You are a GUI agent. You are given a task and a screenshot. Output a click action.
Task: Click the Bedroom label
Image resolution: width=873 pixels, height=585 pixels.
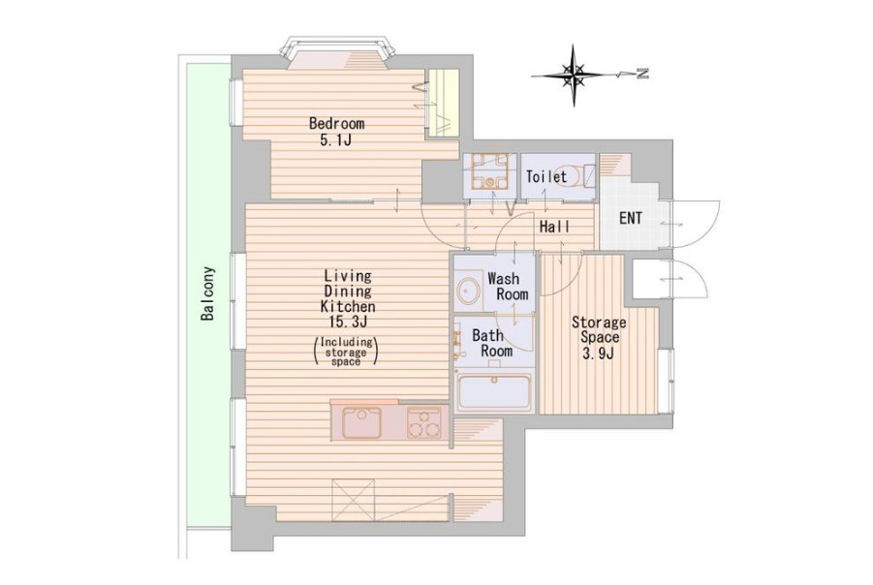(x=337, y=122)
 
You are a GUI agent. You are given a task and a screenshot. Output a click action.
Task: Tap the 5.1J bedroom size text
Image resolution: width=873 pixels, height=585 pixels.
(x=335, y=139)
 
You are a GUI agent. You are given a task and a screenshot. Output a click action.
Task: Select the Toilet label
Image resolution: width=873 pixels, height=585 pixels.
(x=546, y=177)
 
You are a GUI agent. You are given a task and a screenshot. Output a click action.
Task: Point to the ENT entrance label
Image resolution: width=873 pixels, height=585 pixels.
(x=630, y=218)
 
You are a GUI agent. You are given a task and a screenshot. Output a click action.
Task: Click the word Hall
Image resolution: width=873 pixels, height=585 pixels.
(x=554, y=227)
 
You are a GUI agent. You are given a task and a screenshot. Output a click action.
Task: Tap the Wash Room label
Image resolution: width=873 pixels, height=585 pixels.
(x=508, y=286)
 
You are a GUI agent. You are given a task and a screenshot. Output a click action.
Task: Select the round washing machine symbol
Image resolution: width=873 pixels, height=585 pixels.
(x=469, y=291)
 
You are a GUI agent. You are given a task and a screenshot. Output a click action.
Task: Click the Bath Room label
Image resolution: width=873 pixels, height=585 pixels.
(x=493, y=343)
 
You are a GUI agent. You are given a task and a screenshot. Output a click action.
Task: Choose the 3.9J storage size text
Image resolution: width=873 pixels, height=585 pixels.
(x=598, y=353)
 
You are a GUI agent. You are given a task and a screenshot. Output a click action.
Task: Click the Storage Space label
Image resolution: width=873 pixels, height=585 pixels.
(x=599, y=329)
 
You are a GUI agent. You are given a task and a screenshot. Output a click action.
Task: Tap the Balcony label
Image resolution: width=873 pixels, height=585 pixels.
(x=207, y=293)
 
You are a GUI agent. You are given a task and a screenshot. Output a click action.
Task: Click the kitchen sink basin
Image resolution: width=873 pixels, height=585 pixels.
(x=362, y=423)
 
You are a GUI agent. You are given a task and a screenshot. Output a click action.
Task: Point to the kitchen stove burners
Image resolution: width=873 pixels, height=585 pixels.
(x=423, y=423)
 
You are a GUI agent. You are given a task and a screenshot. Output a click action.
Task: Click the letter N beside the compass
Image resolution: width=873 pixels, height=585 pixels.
(x=643, y=73)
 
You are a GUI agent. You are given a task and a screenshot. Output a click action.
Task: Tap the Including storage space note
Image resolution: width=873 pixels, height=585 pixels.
(x=346, y=352)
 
